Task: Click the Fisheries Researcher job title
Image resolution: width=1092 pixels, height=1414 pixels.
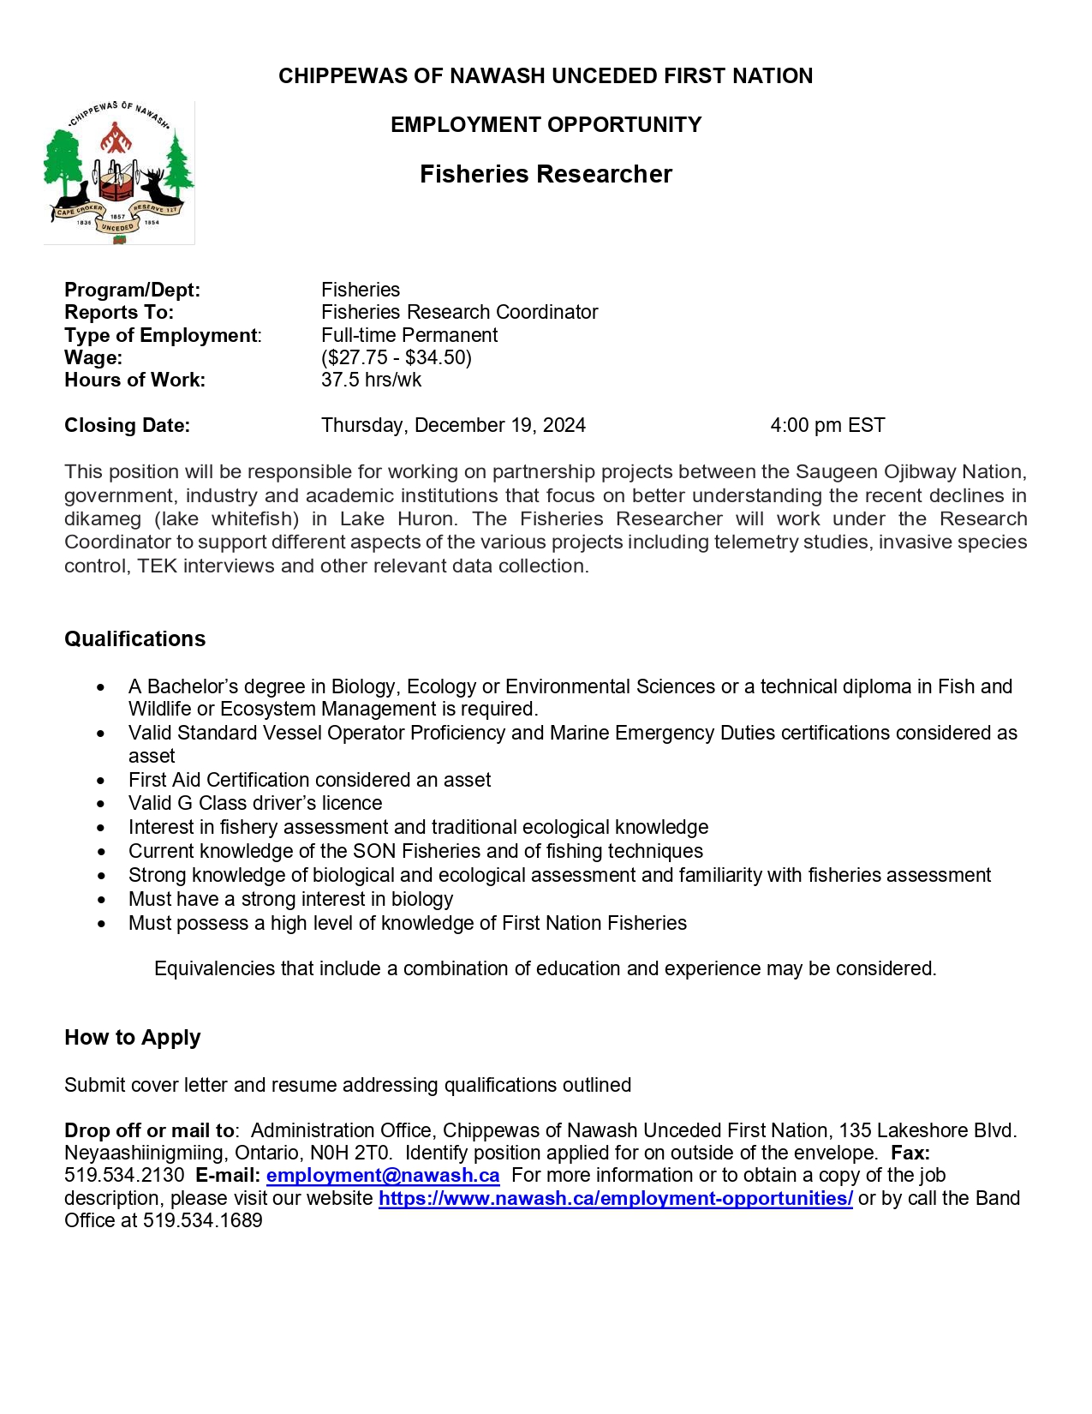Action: (x=546, y=174)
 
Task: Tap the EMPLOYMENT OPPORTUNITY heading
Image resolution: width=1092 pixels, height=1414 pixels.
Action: (x=546, y=125)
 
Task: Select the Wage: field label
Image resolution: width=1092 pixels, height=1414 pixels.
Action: (x=93, y=357)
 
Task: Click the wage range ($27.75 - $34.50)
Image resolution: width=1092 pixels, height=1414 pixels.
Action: (x=397, y=357)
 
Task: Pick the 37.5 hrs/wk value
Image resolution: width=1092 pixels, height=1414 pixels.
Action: (x=371, y=380)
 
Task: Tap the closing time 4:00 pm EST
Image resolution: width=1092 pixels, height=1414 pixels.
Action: (x=827, y=425)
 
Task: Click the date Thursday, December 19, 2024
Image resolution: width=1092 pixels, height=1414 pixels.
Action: (x=453, y=425)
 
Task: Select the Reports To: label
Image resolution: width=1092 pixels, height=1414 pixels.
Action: (x=119, y=312)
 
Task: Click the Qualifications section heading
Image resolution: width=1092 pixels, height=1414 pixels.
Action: (x=135, y=639)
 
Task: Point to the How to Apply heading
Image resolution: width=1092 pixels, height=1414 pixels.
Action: (x=133, y=1038)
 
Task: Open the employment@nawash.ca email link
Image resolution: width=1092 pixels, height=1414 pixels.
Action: (x=383, y=1176)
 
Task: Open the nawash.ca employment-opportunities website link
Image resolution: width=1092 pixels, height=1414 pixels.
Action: (x=616, y=1198)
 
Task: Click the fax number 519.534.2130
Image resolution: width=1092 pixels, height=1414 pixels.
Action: (x=124, y=1176)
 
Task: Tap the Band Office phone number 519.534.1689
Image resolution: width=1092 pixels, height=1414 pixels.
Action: (x=203, y=1220)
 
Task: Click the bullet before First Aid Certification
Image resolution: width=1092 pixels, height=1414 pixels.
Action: (x=102, y=781)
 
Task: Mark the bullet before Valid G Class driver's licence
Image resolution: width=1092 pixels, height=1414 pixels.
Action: (x=102, y=804)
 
